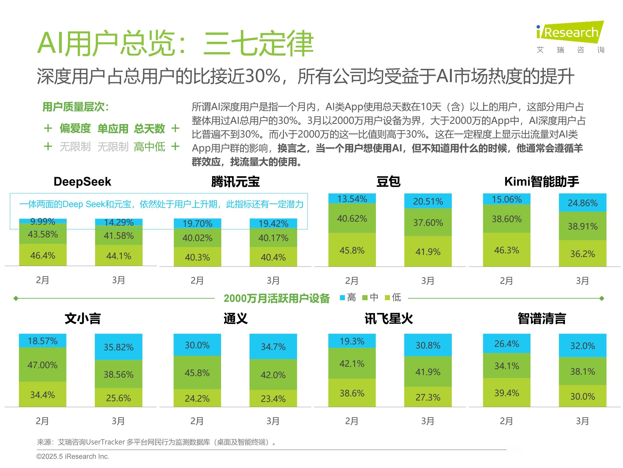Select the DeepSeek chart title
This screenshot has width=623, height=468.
82,181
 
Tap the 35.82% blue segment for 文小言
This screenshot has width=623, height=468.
118,347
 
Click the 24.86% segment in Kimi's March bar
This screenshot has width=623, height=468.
582,202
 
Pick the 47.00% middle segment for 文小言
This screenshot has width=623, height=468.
42,365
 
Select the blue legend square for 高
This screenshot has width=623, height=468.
342,298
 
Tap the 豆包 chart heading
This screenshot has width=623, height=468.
388,181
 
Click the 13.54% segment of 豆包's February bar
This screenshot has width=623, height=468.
352,199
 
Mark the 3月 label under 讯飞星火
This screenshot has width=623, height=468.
428,421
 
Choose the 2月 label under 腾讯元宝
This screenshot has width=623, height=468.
197,280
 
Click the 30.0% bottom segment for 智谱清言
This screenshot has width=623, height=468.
582,396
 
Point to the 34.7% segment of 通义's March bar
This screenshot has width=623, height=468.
273,346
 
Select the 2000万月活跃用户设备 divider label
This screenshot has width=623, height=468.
277,298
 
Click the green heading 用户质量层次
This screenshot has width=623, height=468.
75,107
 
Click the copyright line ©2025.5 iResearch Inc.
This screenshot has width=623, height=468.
73,456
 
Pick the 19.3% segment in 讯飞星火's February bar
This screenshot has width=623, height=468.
352,341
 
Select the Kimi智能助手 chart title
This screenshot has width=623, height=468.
541,181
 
